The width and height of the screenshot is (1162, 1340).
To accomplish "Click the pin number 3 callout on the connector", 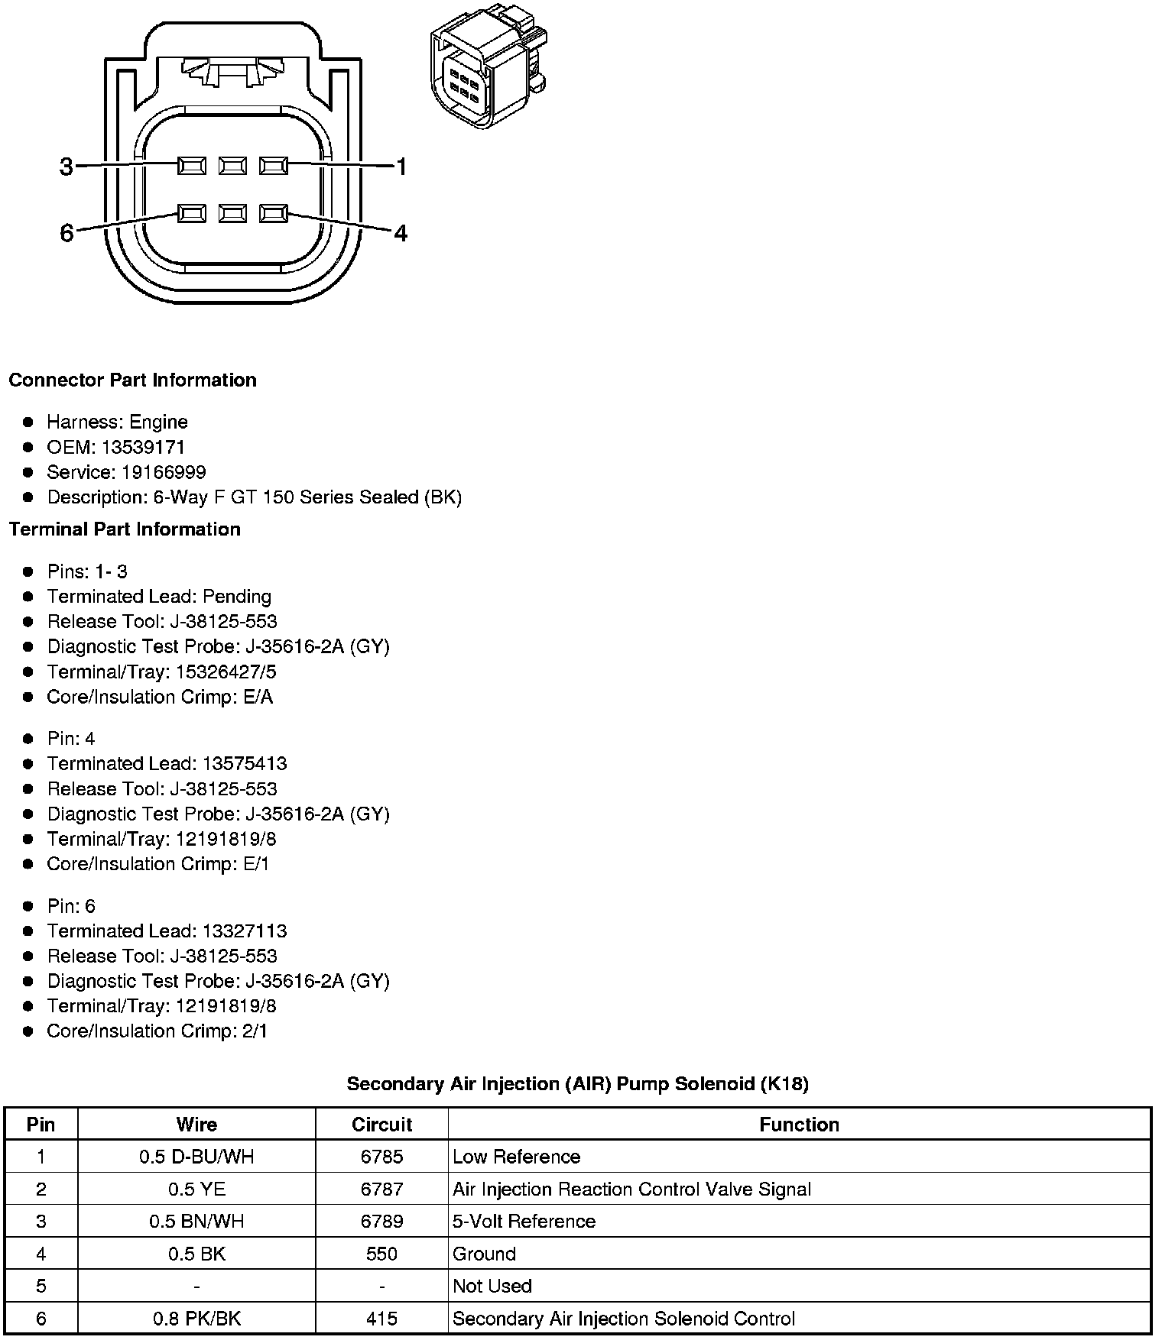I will pos(67,167).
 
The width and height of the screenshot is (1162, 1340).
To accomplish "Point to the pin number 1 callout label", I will pos(401,167).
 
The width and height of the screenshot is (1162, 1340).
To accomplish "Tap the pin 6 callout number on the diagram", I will pos(67,232).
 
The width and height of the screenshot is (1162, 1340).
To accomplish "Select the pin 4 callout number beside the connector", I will pos(401,233).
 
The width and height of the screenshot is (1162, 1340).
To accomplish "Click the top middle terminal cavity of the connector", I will pos(232,165).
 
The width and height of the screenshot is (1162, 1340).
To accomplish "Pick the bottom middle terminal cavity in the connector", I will pos(232,213).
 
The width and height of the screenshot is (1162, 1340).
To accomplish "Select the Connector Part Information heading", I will pos(132,380).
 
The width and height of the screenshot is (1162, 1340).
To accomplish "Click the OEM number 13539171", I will pos(143,447).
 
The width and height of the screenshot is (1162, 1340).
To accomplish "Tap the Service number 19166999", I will pos(164,472).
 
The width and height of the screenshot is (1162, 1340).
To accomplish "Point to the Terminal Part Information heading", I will pos(125,529).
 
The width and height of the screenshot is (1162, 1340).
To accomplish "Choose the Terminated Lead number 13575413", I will pos(245,763).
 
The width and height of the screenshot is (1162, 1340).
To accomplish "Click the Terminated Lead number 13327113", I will pos(245,931).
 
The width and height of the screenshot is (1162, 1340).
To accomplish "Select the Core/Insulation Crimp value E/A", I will pos(256,697).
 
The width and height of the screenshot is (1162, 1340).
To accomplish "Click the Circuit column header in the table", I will pos(381,1125).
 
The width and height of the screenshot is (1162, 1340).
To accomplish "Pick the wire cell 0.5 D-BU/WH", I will pos(196,1157).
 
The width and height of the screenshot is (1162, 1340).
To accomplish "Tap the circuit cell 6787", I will pos(381,1189).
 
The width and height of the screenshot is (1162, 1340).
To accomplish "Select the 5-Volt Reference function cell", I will pos(524,1221).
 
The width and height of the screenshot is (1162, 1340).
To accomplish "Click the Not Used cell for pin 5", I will pos(492,1286).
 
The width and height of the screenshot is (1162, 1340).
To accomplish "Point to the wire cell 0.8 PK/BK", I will pos(196,1319).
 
